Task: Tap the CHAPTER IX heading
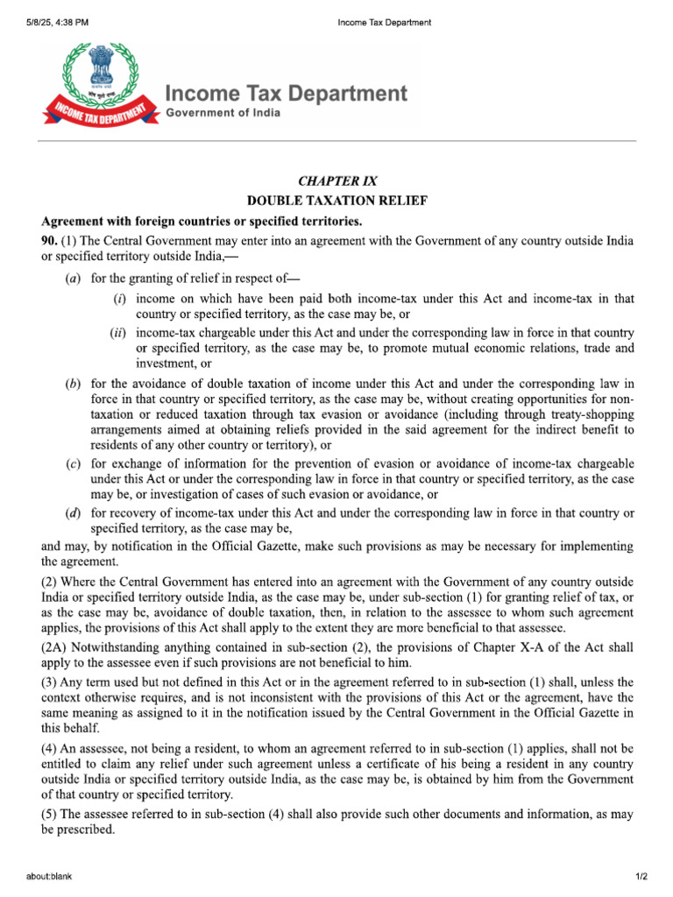click(x=337, y=181)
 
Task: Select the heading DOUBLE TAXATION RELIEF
click(x=337, y=201)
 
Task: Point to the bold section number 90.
click(x=52, y=240)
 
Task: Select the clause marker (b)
click(x=74, y=384)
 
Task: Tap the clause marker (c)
click(x=74, y=463)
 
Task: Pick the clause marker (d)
click(x=74, y=513)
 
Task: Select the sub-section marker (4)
click(x=51, y=749)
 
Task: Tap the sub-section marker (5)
click(x=51, y=815)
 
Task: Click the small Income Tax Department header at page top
click(x=384, y=22)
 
